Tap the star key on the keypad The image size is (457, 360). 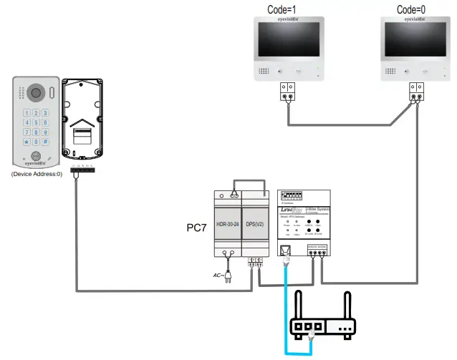27,142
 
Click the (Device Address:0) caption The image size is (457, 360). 37,174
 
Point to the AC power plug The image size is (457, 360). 228,274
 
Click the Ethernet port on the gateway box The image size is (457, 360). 285,250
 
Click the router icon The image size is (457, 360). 322,326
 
